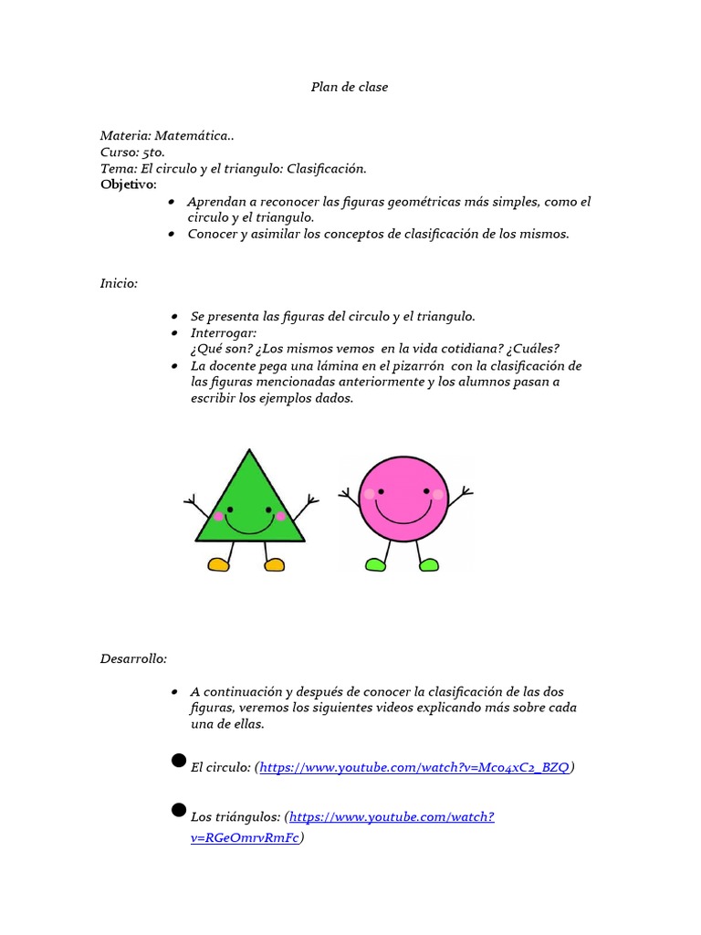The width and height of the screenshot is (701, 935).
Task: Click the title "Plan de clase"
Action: click(350, 87)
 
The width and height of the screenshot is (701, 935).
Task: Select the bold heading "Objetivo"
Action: click(127, 185)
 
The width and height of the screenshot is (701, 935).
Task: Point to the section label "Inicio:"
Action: click(119, 283)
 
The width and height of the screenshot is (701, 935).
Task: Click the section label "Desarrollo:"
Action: click(133, 657)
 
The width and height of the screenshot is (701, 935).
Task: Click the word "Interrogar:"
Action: click(224, 333)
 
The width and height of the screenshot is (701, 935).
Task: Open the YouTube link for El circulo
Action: click(415, 768)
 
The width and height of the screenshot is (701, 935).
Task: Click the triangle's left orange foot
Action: click(218, 565)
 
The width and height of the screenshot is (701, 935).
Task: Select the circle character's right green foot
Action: click(428, 565)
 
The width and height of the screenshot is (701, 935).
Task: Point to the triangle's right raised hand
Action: click(311, 499)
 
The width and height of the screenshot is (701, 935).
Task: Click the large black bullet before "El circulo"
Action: click(179, 762)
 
